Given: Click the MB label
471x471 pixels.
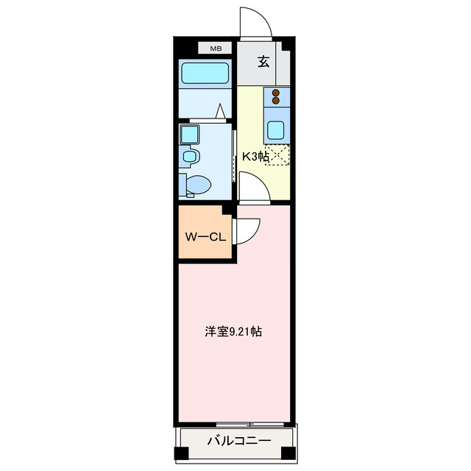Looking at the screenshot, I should point(216,49).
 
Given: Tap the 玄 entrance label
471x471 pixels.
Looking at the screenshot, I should point(263,62).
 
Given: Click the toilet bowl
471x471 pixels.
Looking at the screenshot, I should point(196,184).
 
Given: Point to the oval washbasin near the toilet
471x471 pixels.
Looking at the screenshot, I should point(190,157).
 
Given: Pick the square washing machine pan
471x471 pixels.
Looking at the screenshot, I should point(188,134).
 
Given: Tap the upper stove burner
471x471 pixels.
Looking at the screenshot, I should point(276,93).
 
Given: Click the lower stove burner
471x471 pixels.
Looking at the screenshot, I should point(276,103).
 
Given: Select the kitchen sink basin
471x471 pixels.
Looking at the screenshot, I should point(277,130).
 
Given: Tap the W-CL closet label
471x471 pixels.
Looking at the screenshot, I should point(204,237).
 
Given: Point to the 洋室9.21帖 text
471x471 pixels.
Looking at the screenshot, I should point(233,332).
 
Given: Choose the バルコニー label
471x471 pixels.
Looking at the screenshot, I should point(238,442).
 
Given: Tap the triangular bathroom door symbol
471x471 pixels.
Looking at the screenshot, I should point(220,112).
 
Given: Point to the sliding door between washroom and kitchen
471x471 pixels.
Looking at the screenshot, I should point(235,156).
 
